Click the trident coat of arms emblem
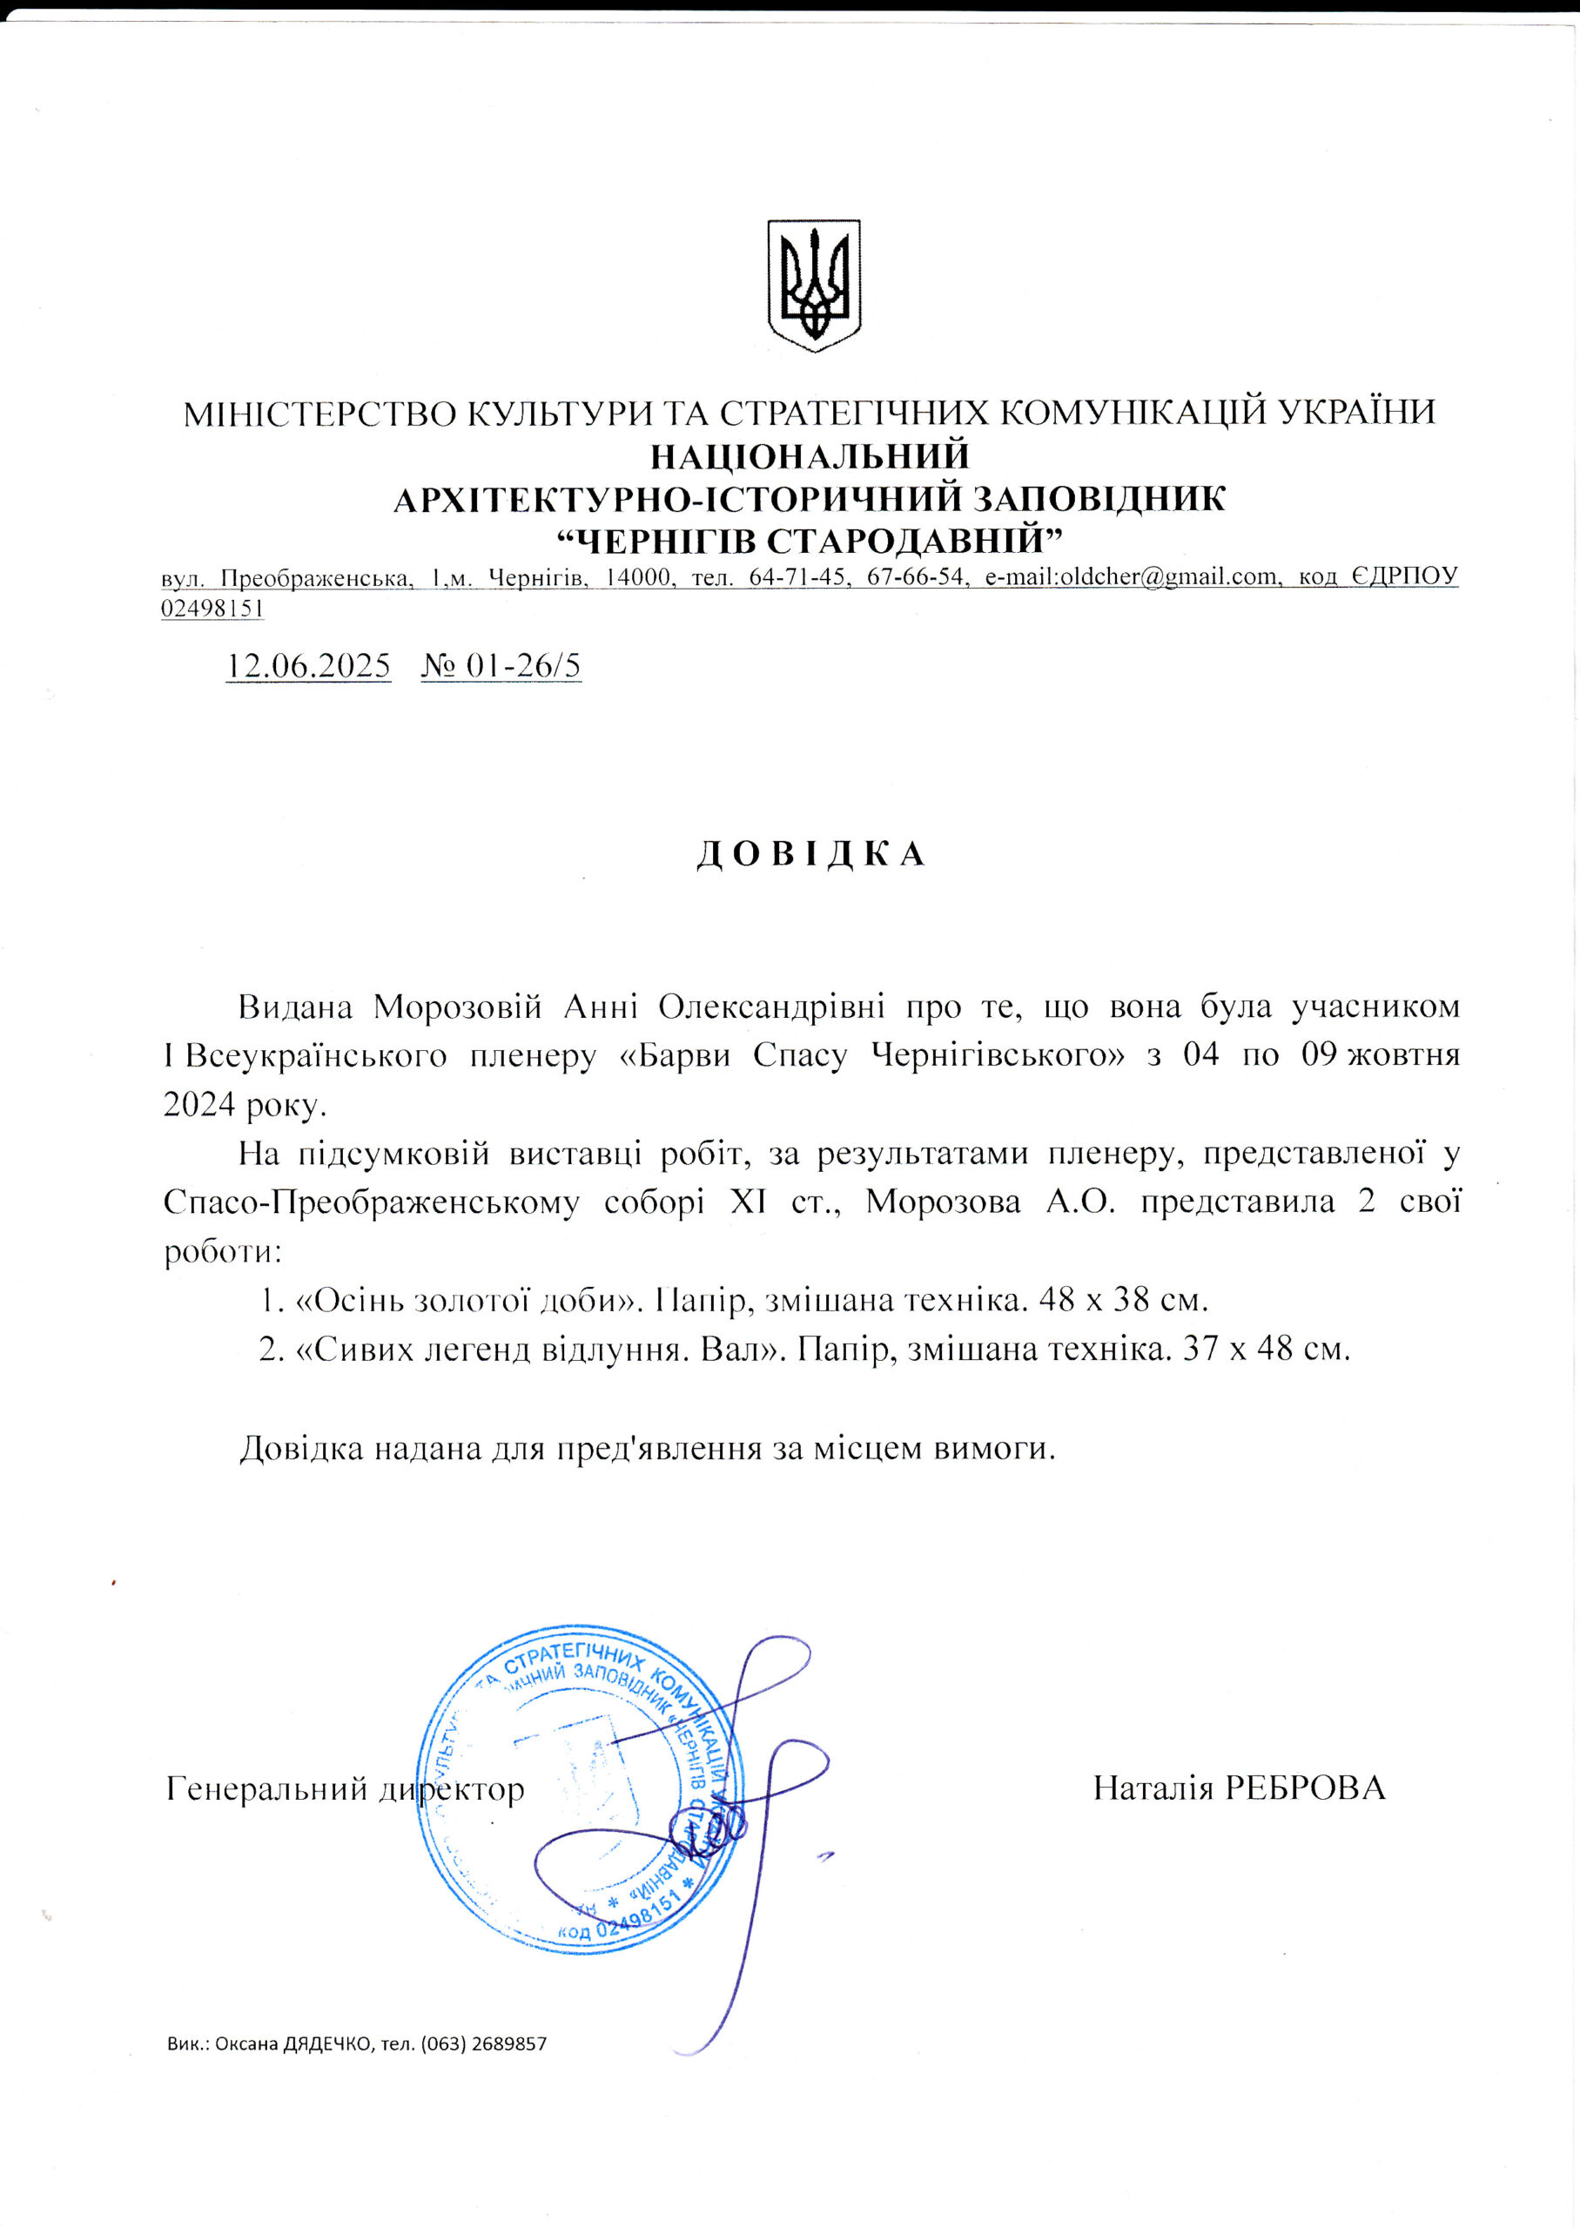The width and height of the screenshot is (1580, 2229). click(x=814, y=284)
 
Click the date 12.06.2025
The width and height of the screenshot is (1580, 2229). click(x=308, y=665)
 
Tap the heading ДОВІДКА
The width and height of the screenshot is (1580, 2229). click(x=810, y=853)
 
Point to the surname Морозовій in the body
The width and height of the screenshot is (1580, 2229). click(x=457, y=1006)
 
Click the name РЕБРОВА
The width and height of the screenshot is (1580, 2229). click(x=1305, y=1788)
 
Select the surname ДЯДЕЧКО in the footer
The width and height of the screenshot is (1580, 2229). click(x=328, y=2044)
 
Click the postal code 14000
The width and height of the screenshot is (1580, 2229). click(x=638, y=577)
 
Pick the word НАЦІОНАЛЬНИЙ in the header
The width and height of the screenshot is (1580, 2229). click(x=810, y=455)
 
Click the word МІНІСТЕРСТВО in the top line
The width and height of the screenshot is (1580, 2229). click(x=318, y=413)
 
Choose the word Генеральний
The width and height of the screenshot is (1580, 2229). click(x=266, y=1788)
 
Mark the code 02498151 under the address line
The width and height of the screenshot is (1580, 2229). click(x=213, y=608)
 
